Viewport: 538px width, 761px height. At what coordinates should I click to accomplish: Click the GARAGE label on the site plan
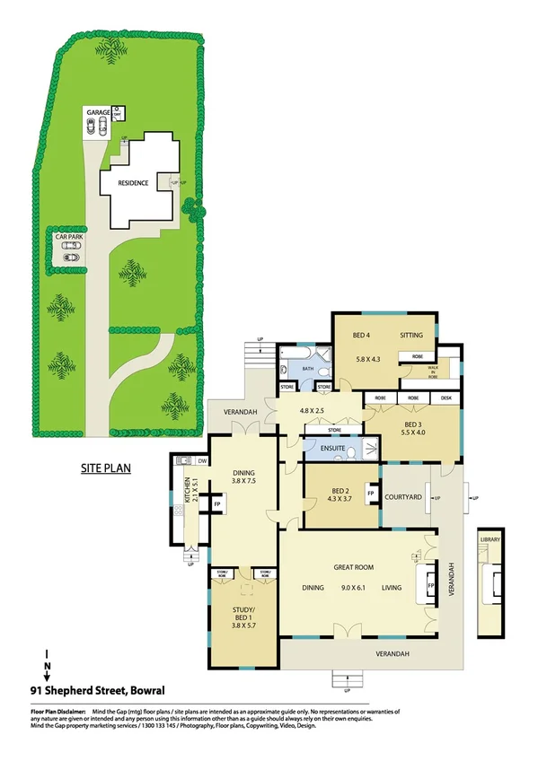(x=99, y=112)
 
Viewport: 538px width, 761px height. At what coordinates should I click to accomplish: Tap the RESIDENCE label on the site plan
(x=132, y=183)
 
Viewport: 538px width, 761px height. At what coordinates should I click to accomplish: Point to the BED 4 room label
(x=361, y=335)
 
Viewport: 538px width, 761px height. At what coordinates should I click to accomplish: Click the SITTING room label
(x=411, y=335)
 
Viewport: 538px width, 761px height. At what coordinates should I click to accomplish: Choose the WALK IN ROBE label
(x=433, y=371)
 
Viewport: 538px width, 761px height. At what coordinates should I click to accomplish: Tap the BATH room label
(x=306, y=368)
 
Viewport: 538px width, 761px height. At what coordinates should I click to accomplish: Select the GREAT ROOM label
(x=353, y=566)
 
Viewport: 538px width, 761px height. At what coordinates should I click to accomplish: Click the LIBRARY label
(x=489, y=539)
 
